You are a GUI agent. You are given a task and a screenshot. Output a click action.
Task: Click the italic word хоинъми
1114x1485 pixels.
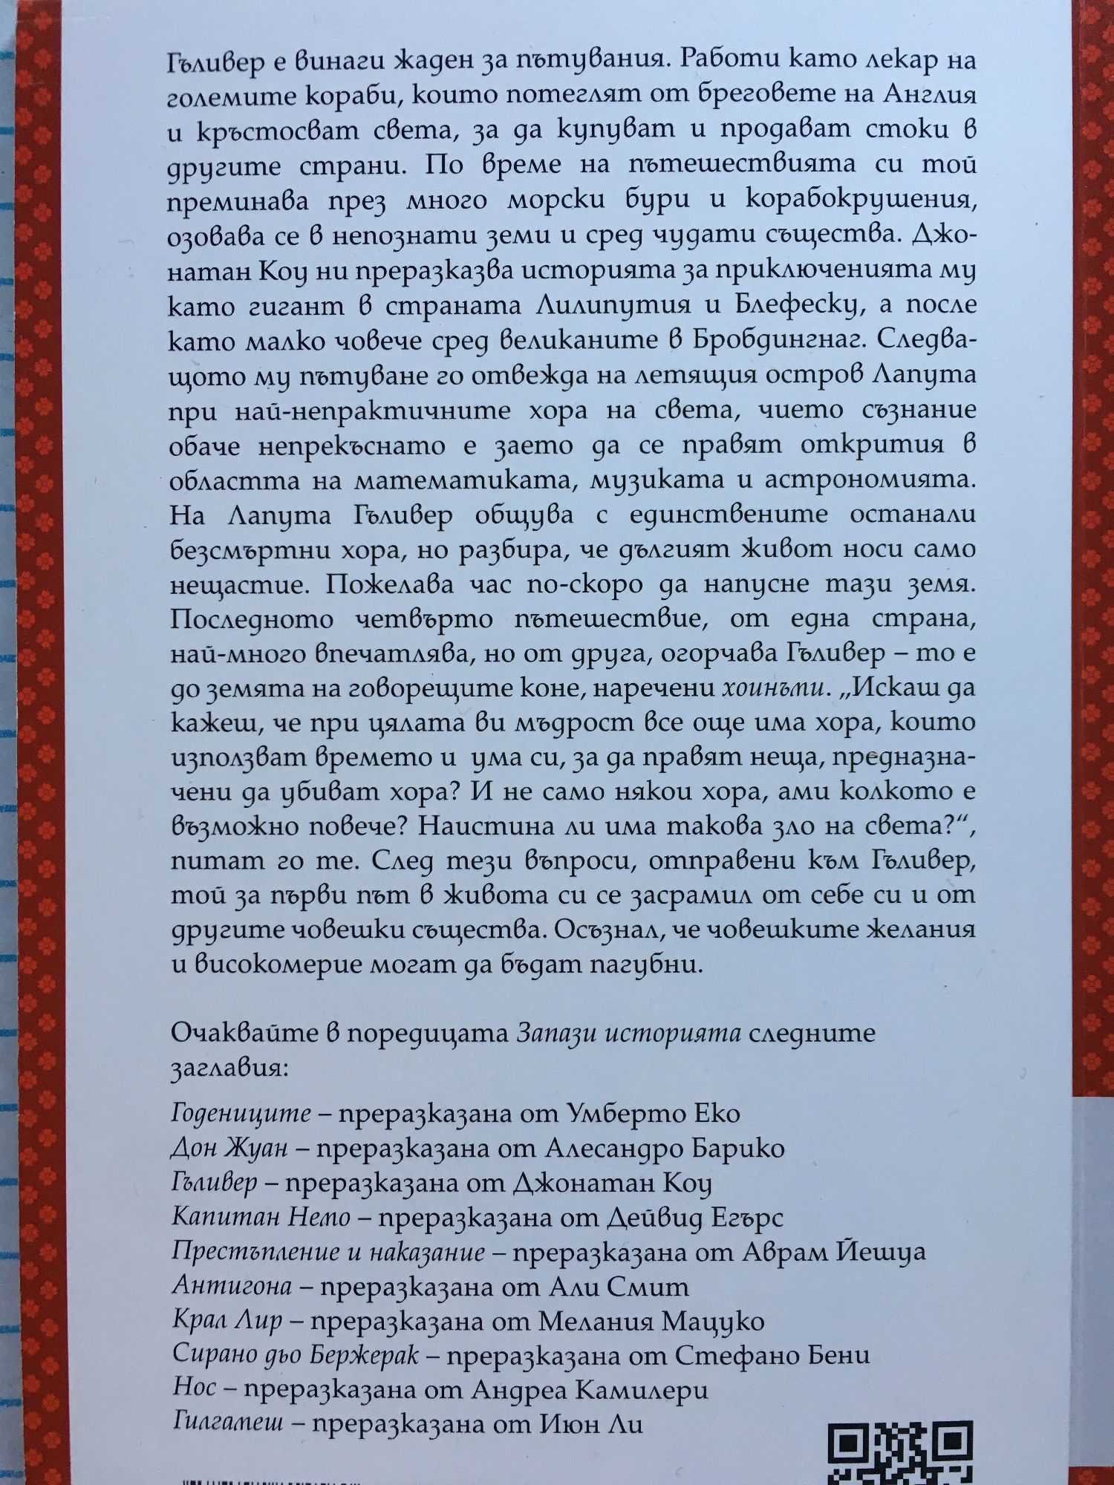(774, 688)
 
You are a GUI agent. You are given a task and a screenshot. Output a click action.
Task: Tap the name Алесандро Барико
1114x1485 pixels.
(665, 1149)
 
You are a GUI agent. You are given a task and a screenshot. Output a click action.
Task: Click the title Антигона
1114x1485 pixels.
(231, 1286)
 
